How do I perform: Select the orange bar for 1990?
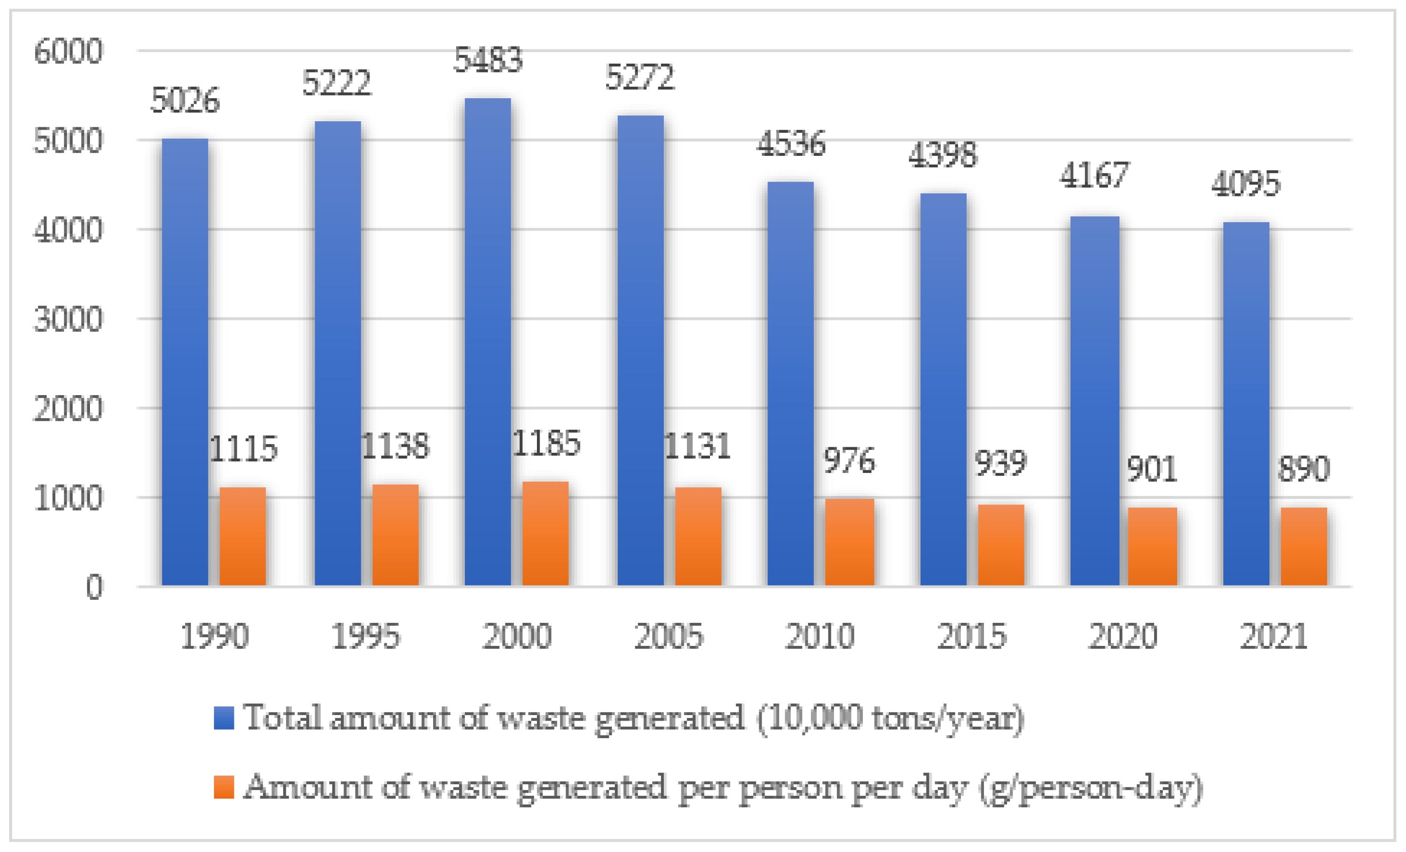tap(243, 537)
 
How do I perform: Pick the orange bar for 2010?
tap(849, 542)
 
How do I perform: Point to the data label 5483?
tap(488, 60)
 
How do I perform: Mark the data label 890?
tap(1303, 469)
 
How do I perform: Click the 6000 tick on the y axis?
tap(68, 51)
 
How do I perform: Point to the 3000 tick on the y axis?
tap(68, 319)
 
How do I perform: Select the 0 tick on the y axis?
tap(94, 587)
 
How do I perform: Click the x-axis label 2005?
tap(668, 636)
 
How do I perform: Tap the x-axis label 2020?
tap(1122, 636)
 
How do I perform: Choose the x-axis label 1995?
tap(365, 636)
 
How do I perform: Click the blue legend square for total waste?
tap(224, 718)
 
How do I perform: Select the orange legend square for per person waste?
tap(224, 787)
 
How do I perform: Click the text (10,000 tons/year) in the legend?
tap(890, 718)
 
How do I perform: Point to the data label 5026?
tap(185, 101)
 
